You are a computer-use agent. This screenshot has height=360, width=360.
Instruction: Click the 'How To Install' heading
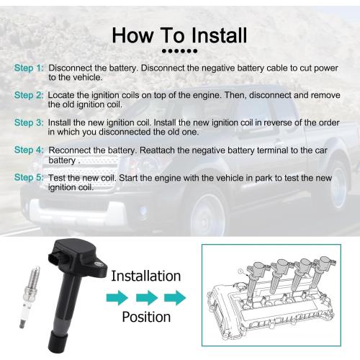point(179,35)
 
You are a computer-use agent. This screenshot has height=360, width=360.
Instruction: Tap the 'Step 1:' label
point(29,68)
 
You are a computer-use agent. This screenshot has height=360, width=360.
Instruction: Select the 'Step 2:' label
point(29,95)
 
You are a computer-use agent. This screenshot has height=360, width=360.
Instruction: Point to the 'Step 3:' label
point(29,122)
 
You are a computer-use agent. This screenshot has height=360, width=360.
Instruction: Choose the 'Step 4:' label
point(29,150)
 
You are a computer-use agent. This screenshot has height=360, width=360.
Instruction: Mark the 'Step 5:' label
point(29,178)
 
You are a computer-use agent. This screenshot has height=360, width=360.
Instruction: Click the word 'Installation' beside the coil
point(146,276)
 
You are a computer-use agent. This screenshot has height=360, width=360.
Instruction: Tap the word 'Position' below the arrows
point(146,317)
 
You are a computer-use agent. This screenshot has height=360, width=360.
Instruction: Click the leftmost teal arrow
point(117,298)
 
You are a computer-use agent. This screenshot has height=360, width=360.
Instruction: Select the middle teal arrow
point(147,298)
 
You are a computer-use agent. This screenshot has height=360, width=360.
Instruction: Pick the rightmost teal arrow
point(175,298)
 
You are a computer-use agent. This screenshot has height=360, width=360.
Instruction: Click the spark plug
point(30,297)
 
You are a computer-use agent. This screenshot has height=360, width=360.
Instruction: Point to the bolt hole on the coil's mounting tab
point(99,264)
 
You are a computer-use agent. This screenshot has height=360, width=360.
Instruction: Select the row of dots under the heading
point(179,51)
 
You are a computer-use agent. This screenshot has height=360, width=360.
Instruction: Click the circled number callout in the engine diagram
point(240,271)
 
